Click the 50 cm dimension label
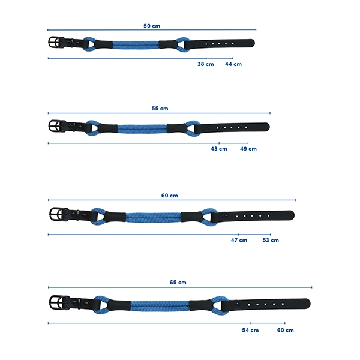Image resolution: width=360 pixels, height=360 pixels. click(x=152, y=26)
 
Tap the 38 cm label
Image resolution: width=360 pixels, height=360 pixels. click(x=205, y=64)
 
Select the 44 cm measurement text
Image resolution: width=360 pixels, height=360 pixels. click(x=233, y=64)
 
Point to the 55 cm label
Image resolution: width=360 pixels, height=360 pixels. click(x=160, y=109)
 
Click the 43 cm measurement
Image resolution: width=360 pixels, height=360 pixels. click(x=219, y=149)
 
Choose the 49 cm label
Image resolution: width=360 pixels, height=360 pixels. click(x=248, y=149)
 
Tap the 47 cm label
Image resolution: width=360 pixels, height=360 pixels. click(x=239, y=240)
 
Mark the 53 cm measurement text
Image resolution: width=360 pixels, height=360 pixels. click(x=271, y=240)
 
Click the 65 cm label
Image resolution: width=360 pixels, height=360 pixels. click(x=178, y=282)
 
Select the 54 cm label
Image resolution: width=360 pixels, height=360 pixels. click(x=250, y=330)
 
